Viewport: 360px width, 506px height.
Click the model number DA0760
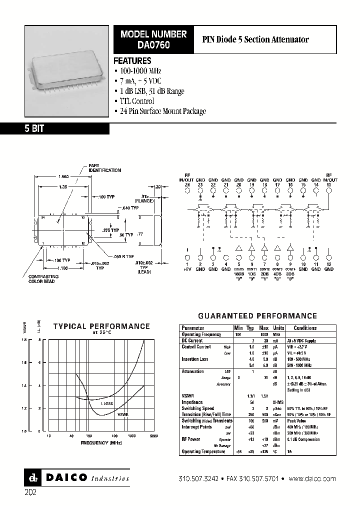(153, 44)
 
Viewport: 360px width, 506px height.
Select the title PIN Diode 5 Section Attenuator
(255, 39)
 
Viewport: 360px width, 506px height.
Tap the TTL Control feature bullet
(136, 101)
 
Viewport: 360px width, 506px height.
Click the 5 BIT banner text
(34, 128)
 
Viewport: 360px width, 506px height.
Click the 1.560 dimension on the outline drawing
(63, 176)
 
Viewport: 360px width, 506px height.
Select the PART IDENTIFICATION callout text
(104, 168)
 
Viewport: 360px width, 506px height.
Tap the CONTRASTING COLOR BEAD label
(43, 278)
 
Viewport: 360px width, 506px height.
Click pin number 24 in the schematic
(187, 185)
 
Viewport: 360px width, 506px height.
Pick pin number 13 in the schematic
(328, 185)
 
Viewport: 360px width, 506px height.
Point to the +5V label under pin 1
(187, 269)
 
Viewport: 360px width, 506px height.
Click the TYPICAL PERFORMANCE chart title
(101, 326)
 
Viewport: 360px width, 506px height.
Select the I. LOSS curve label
(107, 403)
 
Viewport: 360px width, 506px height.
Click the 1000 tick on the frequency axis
(131, 436)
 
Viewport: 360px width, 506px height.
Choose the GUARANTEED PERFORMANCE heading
(257, 316)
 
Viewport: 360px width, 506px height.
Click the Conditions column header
(305, 328)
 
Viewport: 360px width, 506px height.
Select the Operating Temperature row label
(204, 451)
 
